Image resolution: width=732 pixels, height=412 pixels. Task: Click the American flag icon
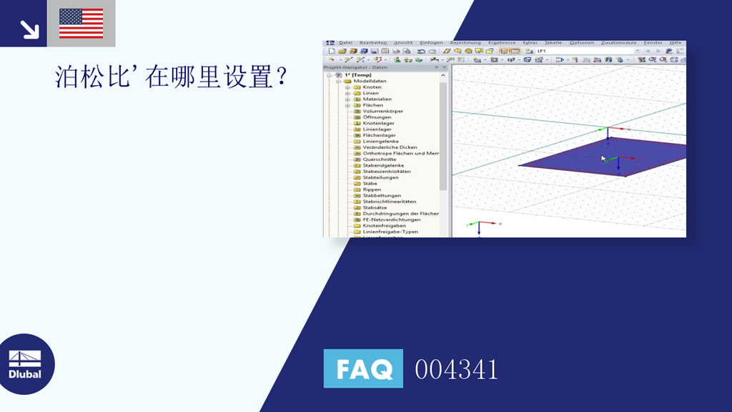click(x=81, y=23)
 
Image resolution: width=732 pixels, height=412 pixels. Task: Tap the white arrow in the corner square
click(x=29, y=29)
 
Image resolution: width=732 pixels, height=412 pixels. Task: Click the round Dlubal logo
click(x=27, y=364)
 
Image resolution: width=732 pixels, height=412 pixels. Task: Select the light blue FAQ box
click(x=363, y=368)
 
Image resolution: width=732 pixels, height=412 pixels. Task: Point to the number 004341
click(x=456, y=369)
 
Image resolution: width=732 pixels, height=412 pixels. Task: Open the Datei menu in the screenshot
click(x=346, y=43)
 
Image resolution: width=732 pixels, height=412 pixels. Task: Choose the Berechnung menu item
click(x=465, y=43)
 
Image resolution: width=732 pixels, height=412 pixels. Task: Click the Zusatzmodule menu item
click(x=619, y=43)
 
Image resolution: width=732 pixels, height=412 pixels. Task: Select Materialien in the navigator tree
click(x=377, y=99)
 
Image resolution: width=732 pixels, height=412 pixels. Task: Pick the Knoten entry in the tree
click(x=372, y=87)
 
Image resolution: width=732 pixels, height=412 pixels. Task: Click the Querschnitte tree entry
click(x=379, y=160)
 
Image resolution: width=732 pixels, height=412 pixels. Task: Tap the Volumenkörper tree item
click(x=382, y=111)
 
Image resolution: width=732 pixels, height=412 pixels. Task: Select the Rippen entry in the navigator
click(x=372, y=190)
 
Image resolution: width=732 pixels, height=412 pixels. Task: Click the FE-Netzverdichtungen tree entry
click(x=391, y=220)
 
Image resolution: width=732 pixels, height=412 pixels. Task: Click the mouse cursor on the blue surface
click(x=603, y=158)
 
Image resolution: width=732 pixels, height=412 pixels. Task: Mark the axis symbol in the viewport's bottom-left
click(x=480, y=225)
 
